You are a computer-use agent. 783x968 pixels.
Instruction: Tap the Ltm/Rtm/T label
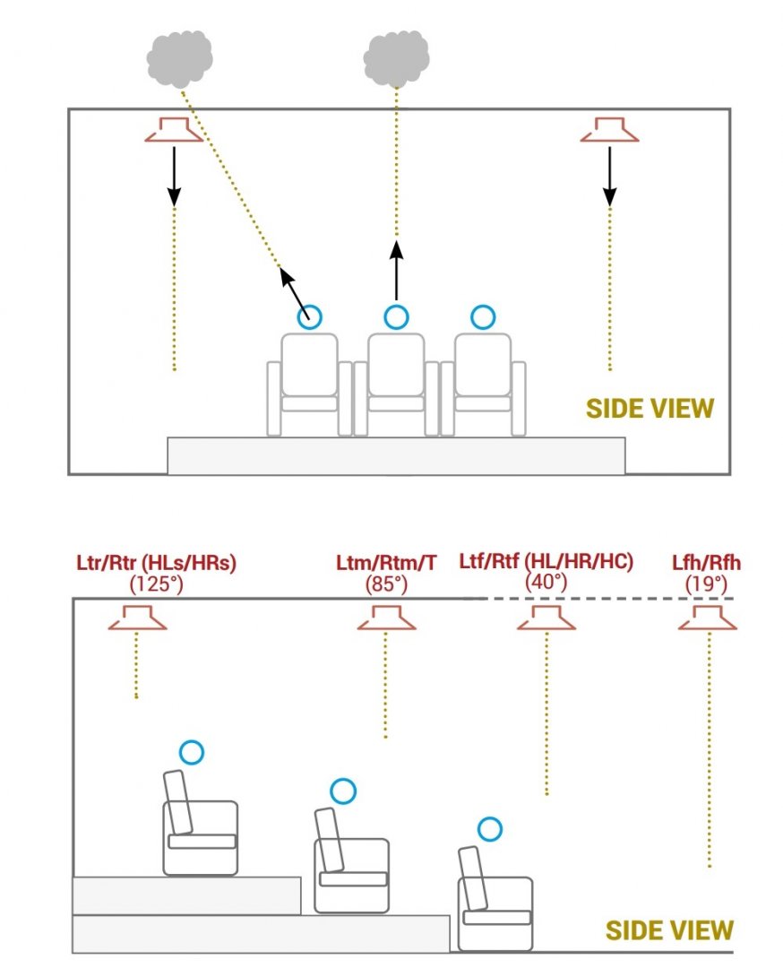click(x=386, y=564)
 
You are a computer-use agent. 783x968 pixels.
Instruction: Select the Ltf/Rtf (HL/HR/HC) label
click(x=546, y=561)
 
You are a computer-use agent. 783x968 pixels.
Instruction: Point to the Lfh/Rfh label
click(x=707, y=564)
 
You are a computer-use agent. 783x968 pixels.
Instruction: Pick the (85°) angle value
click(x=386, y=583)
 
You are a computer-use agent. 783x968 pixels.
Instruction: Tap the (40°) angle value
click(x=546, y=581)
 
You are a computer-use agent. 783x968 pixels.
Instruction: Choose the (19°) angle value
click(x=707, y=583)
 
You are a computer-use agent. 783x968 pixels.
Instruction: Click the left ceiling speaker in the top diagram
click(x=174, y=130)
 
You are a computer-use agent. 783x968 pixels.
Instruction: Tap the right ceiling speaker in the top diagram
click(x=609, y=130)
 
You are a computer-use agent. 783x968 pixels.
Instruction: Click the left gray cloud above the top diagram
click(x=180, y=58)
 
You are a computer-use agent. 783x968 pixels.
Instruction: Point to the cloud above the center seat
click(x=395, y=58)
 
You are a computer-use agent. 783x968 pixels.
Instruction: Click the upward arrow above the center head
click(x=395, y=269)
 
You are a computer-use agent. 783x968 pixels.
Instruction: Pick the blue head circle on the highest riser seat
click(x=191, y=752)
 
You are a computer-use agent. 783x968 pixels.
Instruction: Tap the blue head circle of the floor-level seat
click(x=489, y=829)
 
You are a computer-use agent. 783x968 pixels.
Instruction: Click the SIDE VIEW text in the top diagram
click(x=650, y=409)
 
